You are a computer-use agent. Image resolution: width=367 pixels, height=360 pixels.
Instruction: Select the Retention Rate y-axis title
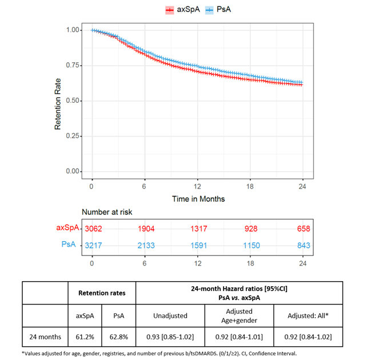[x=58, y=101]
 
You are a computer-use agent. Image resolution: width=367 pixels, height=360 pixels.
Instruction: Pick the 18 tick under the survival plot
[x=250, y=186]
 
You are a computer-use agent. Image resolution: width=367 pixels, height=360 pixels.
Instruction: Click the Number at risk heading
[x=107, y=212]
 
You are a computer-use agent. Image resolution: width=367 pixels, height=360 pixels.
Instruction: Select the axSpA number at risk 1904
[x=145, y=229]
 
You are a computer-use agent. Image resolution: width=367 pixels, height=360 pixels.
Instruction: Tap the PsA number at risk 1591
[x=197, y=245]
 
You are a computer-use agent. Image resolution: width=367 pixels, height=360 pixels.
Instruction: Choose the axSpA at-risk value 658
[x=303, y=229]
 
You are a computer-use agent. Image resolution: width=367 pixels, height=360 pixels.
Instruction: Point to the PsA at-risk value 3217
[x=92, y=245]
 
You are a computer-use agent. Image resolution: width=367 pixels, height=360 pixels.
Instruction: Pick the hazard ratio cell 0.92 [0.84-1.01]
[x=240, y=335]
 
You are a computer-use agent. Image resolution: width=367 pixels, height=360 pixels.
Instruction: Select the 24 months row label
[x=45, y=335]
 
